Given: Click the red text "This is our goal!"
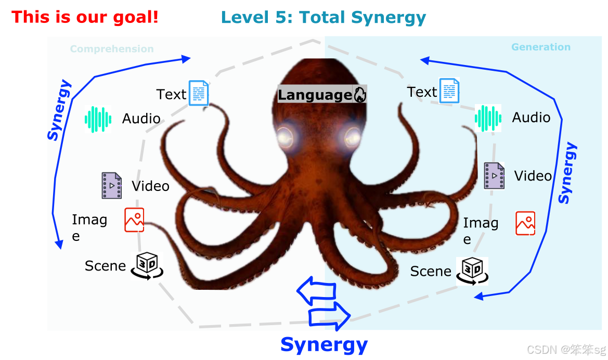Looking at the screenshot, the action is [x=85, y=17].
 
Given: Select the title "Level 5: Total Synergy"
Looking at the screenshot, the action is [x=323, y=18].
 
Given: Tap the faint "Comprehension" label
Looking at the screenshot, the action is [x=112, y=49].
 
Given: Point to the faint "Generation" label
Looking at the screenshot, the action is [x=541, y=47].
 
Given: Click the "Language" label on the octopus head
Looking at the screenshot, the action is [x=315, y=95].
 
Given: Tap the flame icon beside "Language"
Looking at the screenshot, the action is [x=360, y=94].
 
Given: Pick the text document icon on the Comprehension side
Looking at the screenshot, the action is [x=199, y=93].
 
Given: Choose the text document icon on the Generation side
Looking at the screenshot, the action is [x=450, y=91].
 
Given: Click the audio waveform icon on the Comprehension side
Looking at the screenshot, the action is [x=98, y=119].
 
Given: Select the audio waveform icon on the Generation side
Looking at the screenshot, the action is [x=488, y=118].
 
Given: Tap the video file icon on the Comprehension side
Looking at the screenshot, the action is [x=112, y=185].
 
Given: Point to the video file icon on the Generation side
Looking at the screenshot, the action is [x=494, y=175].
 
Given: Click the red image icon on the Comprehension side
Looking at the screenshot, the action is [x=134, y=220].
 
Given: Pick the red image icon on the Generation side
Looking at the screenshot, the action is [x=525, y=223].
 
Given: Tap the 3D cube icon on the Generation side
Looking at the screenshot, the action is [x=472, y=271].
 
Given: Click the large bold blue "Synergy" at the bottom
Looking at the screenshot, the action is [x=324, y=344].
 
